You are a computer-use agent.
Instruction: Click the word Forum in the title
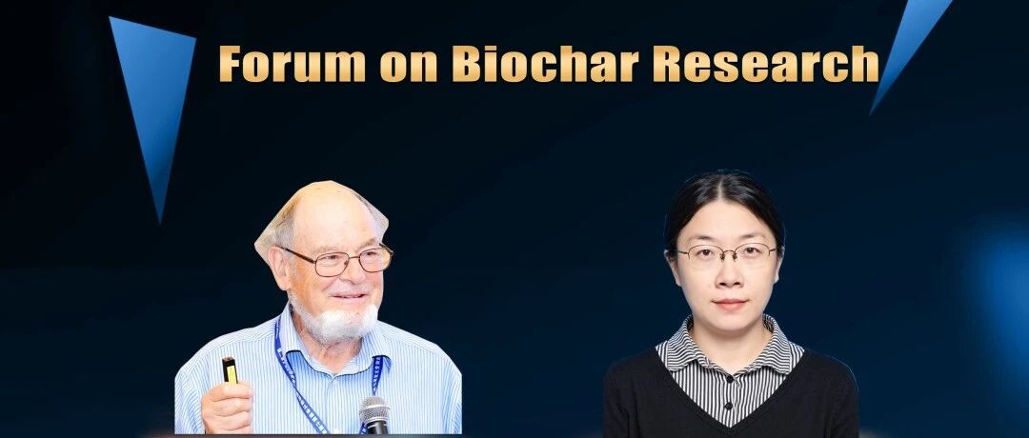click(293, 64)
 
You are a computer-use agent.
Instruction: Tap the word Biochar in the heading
click(545, 64)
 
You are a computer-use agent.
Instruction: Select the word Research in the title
click(766, 64)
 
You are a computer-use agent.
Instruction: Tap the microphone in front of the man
click(374, 415)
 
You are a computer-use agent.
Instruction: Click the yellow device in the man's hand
click(230, 369)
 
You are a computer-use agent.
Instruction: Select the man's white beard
click(334, 322)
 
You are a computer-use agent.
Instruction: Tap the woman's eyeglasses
click(726, 253)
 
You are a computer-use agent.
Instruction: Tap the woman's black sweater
click(730, 400)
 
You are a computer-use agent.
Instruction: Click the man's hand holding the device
click(227, 408)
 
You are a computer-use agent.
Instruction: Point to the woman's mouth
click(730, 304)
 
